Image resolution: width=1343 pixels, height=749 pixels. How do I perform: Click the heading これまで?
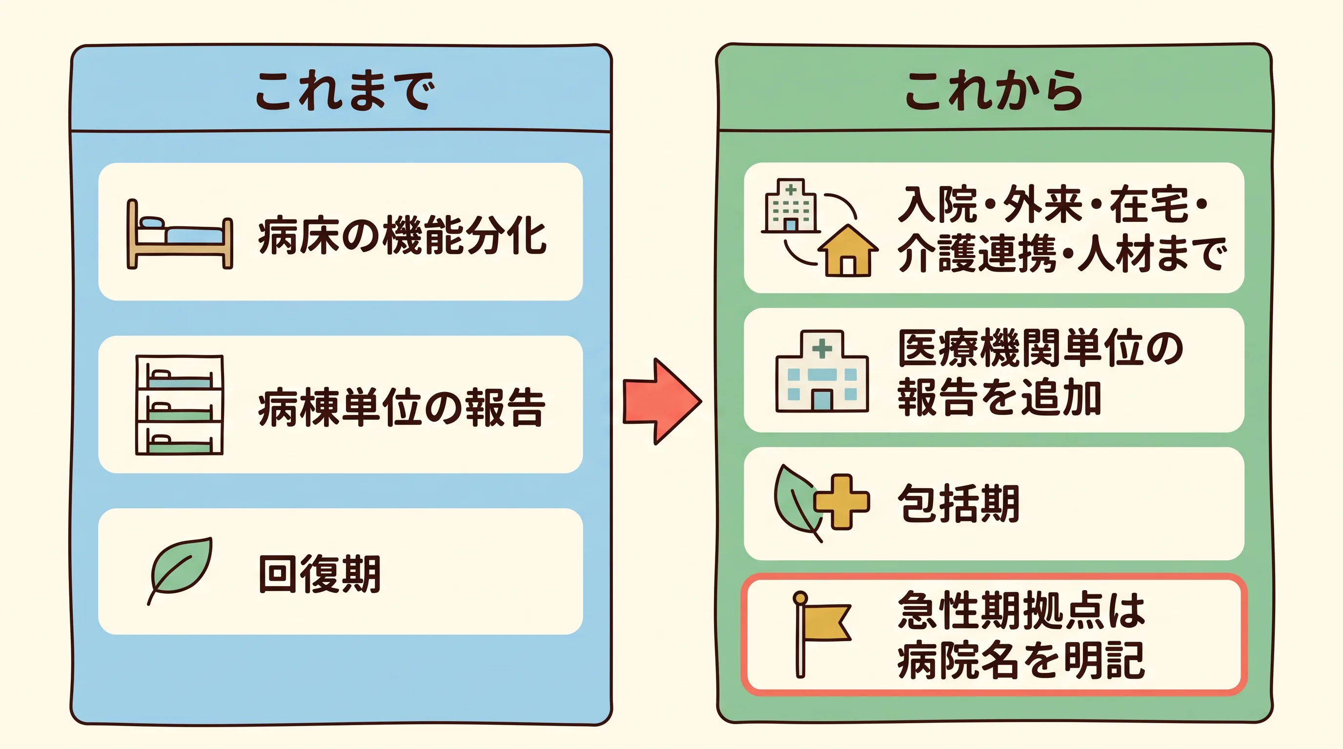click(x=345, y=91)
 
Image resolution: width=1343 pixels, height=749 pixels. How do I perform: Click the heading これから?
click(x=994, y=91)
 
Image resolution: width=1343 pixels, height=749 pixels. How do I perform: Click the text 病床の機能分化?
click(x=402, y=236)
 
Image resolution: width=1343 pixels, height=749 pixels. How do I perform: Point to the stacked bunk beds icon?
click(x=180, y=405)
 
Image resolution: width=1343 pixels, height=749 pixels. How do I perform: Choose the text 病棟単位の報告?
click(x=402, y=408)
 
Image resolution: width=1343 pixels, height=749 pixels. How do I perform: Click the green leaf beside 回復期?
click(x=180, y=571)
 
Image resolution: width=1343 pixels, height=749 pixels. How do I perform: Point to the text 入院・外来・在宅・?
click(x=1053, y=204)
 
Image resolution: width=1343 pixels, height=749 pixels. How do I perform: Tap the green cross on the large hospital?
click(x=822, y=349)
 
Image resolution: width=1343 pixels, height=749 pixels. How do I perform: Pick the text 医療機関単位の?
click(x=1040, y=349)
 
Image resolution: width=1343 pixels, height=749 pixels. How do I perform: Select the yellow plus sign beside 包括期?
click(x=841, y=502)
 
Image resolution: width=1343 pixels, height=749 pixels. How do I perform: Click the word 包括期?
click(x=958, y=503)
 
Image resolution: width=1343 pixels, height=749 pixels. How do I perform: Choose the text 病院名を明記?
click(x=1021, y=660)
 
